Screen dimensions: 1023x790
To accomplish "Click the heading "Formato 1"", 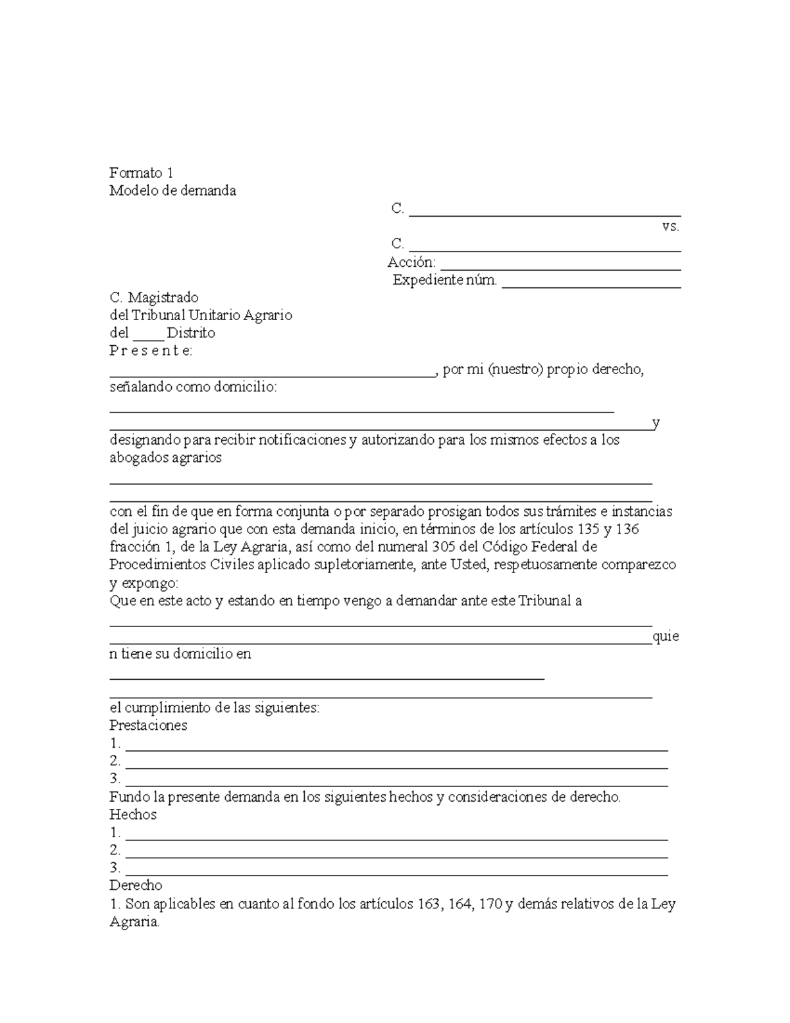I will [x=141, y=173].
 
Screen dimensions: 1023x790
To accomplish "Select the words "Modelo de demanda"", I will [x=172, y=191].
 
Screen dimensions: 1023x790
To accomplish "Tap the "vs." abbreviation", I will [x=670, y=227].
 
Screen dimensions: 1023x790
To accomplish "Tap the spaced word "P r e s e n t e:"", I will [x=151, y=351].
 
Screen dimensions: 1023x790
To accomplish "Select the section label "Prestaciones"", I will [x=148, y=726].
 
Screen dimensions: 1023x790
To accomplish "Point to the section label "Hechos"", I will [x=133, y=815].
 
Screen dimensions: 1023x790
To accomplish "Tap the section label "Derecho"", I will [x=136, y=886].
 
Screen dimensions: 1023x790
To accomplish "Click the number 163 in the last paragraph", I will [x=429, y=904].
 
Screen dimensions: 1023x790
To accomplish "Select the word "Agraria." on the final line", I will [x=134, y=922].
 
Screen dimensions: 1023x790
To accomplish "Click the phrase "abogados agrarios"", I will [x=165, y=458].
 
